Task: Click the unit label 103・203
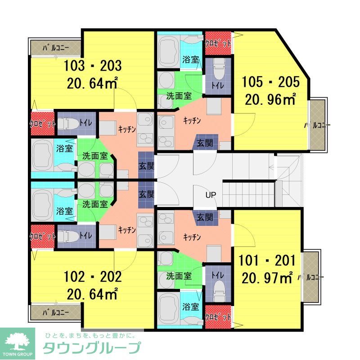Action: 93,67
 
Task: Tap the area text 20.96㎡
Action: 270,98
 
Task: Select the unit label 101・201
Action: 267,261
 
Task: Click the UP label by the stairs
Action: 211,195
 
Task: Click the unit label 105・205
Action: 270,81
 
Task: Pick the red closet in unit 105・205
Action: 218,43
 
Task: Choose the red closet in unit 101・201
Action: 218,317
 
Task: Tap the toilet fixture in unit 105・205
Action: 219,70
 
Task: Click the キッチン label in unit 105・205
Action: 192,121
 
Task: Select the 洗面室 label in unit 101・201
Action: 179,275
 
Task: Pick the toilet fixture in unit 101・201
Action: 219,288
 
